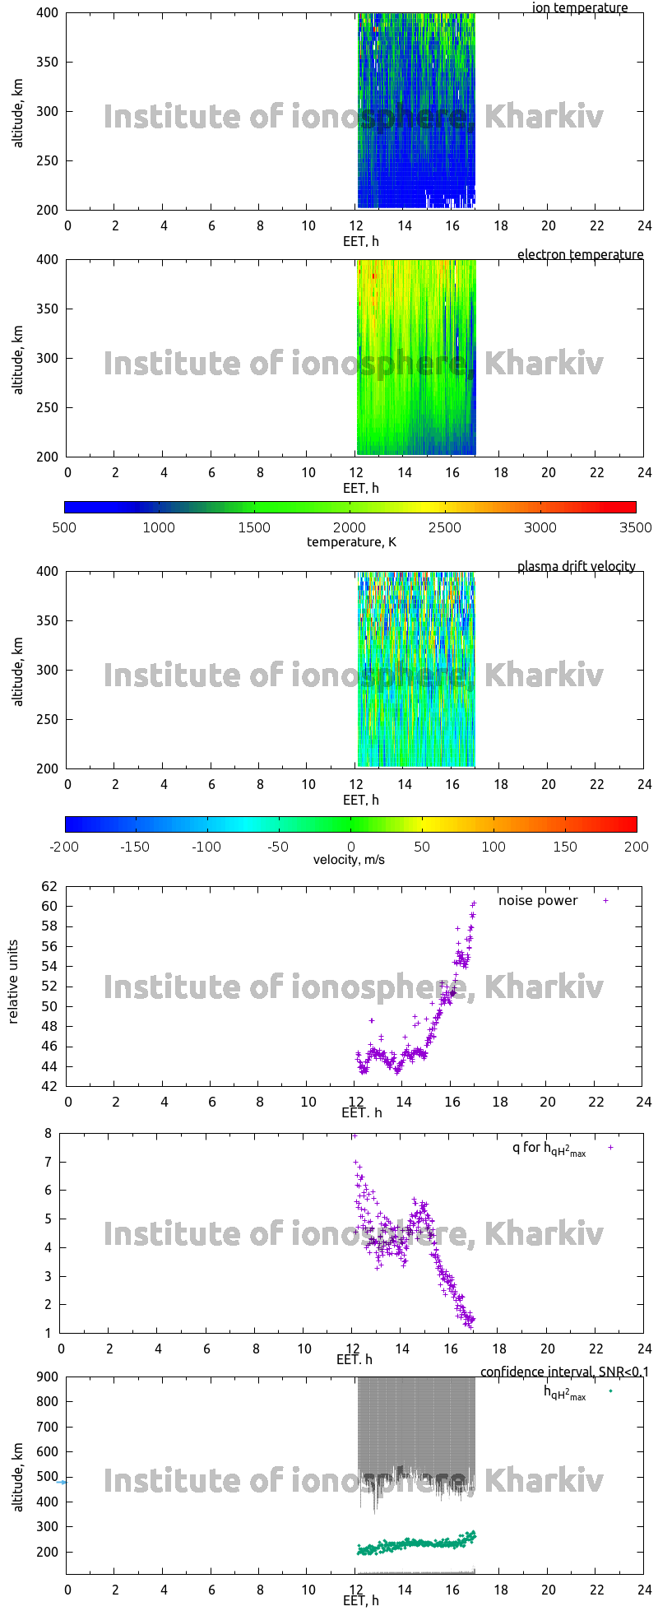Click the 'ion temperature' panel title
pos(579,8)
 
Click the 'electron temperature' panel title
pos(580,255)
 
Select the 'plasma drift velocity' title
pos(576,567)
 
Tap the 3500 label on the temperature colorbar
pos(636,528)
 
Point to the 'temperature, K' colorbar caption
pos(351,542)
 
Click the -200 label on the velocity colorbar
pos(64,847)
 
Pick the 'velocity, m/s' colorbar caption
pos(349,861)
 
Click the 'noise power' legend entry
pos(538,901)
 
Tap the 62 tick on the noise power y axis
pos(49,887)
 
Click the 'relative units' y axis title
pos(14,982)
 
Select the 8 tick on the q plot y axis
pos(48,1134)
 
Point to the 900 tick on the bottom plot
pos(47,1377)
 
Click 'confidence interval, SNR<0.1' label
pos(564,1372)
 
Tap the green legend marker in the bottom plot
pos(610,1391)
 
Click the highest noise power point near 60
pos(474,903)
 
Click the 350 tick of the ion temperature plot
pos(47,63)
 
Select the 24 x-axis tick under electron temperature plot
pos(644,473)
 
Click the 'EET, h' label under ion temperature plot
pos(360,242)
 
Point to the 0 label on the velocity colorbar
pos(351,847)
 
